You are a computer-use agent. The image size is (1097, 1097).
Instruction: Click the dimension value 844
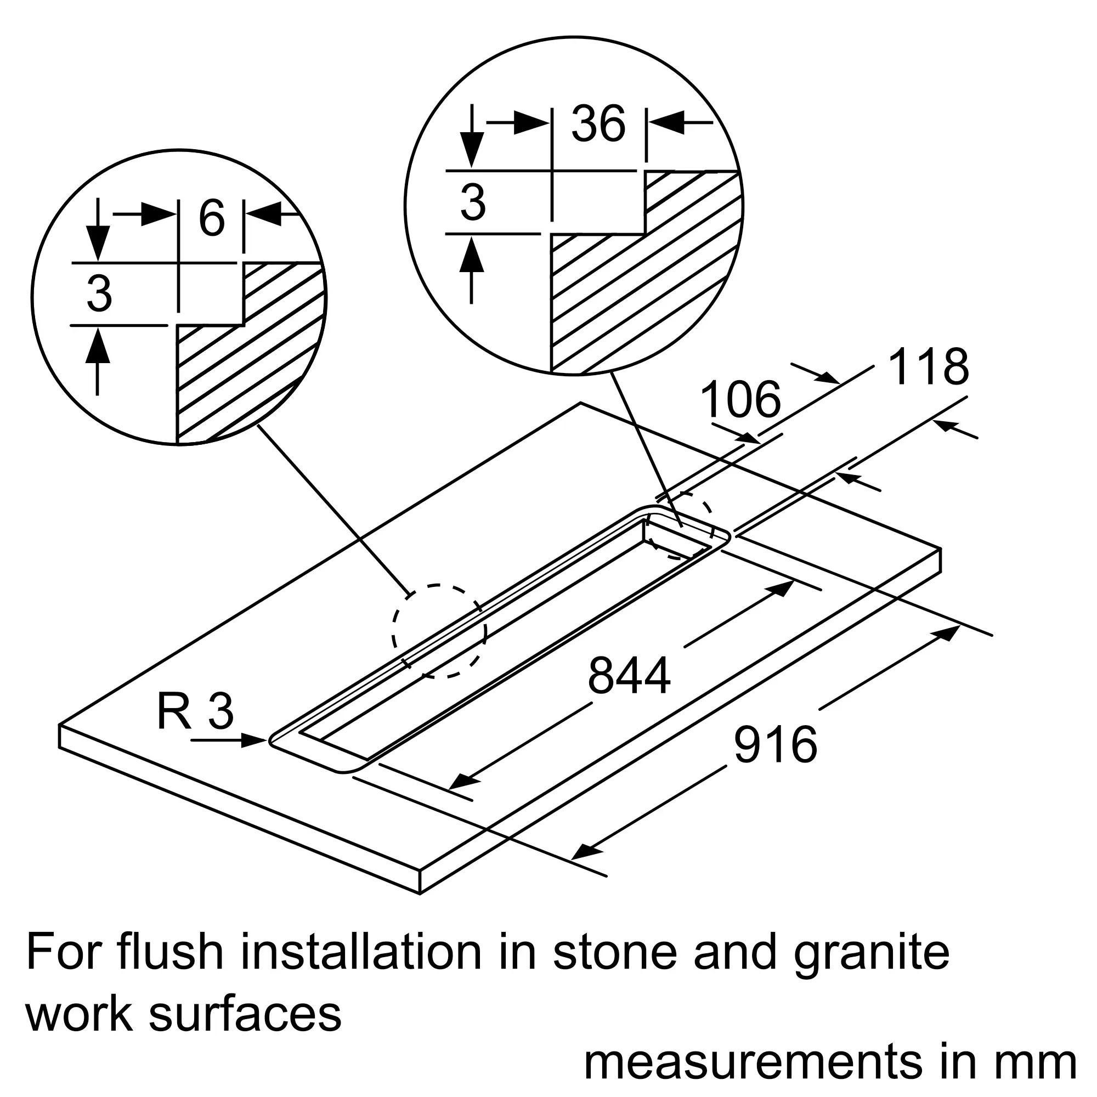coord(629,676)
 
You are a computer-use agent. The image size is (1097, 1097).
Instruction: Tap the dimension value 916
coord(775,744)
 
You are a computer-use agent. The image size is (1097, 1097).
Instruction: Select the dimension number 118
coord(929,367)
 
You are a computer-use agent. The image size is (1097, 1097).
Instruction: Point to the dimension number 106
coord(740,400)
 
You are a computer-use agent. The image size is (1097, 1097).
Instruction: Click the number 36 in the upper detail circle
coord(598,124)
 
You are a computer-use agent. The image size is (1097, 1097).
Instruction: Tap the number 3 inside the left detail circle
coord(99,294)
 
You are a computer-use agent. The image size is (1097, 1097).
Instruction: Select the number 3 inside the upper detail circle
coord(473,203)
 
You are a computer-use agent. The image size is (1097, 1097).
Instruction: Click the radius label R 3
coord(195,712)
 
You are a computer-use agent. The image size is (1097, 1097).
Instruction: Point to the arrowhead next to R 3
coord(255,740)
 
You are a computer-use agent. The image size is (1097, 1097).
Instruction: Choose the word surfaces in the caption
coord(245,1014)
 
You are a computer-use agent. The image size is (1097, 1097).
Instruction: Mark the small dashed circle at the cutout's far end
coord(680,525)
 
